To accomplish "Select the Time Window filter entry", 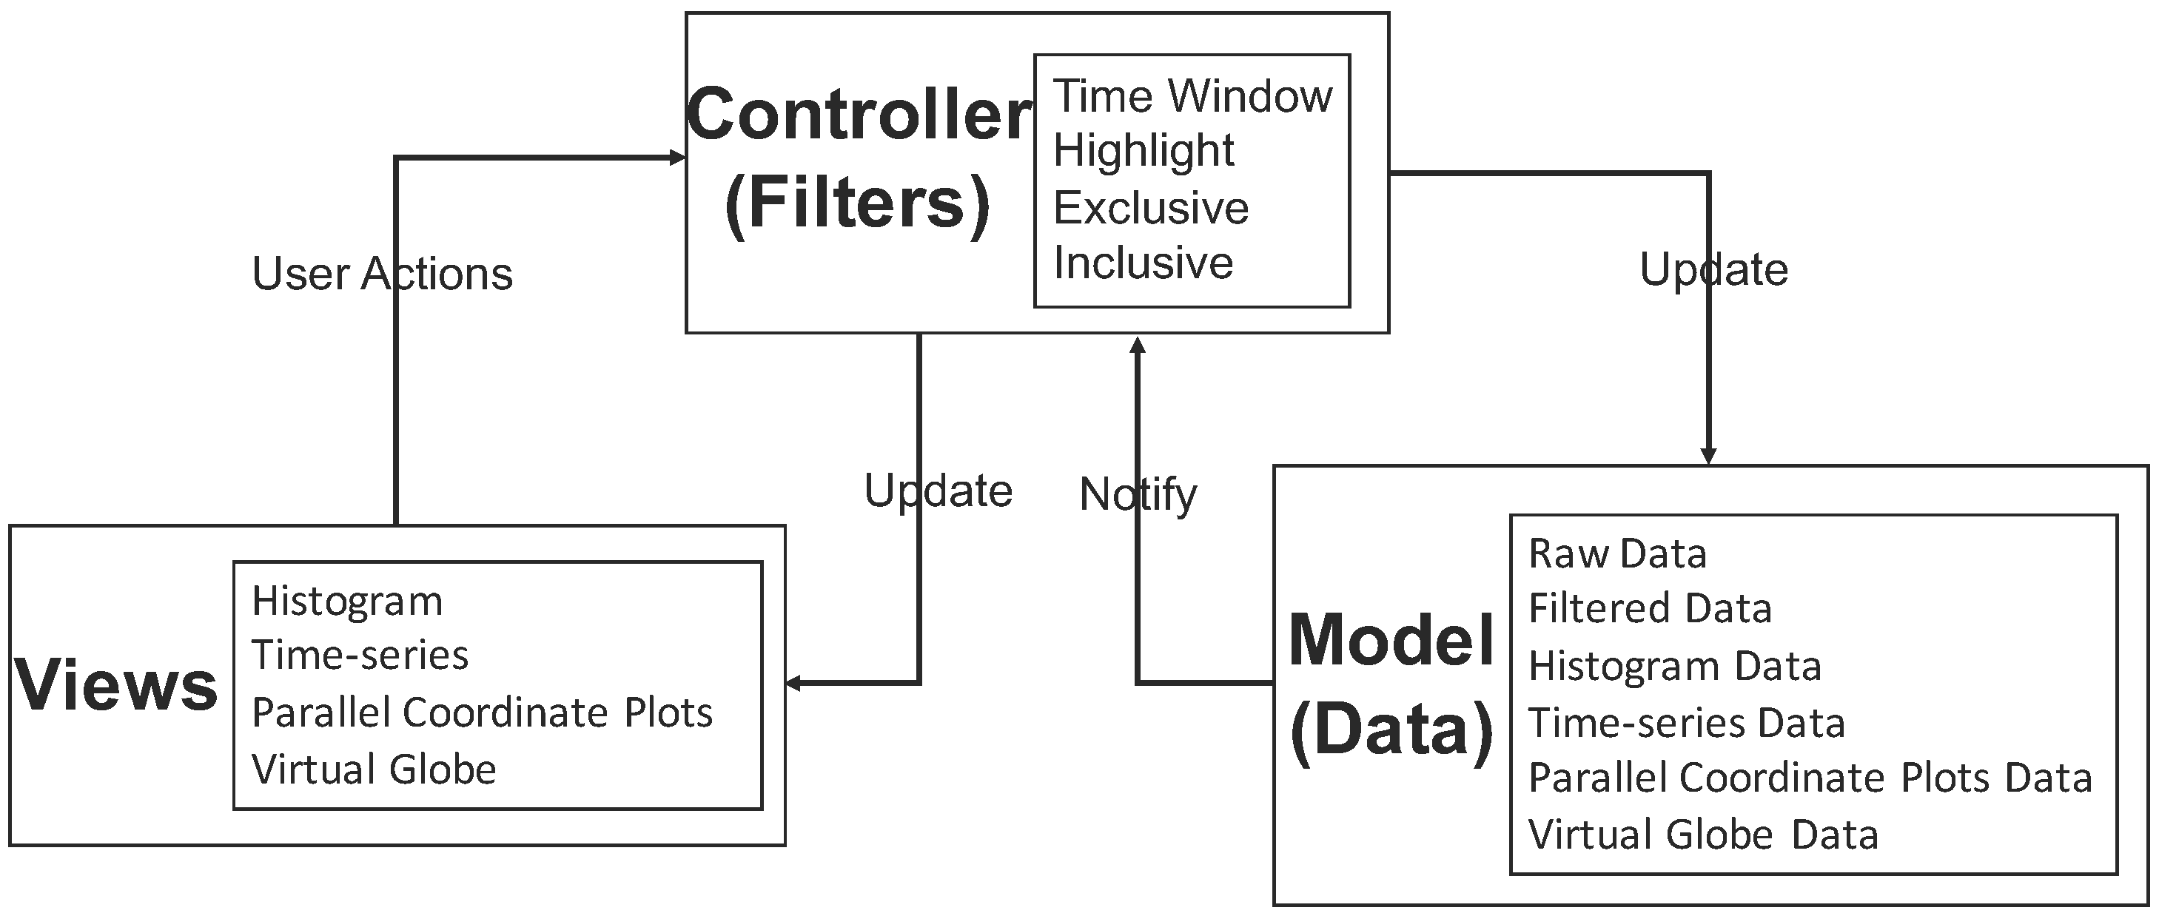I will coord(1192,95).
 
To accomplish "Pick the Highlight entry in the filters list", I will coord(1144,151).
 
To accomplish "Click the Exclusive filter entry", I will coord(1150,208).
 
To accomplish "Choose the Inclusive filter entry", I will coord(1144,263).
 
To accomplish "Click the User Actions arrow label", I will coord(382,274).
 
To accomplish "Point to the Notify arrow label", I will coord(1138,494).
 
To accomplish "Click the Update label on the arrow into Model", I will coord(1713,270).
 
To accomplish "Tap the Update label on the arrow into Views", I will coord(938,491).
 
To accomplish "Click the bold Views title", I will coord(116,686).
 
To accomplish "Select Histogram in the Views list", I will coord(347,602).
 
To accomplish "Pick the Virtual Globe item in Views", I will coord(374,769).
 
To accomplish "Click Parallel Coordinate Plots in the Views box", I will coord(482,713).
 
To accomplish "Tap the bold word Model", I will coord(1391,640).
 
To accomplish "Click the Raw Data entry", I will coord(1616,554).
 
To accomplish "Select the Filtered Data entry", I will coord(1650,608).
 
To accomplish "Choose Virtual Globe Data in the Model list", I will coord(1703,835).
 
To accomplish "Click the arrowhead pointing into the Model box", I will coord(1708,455).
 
